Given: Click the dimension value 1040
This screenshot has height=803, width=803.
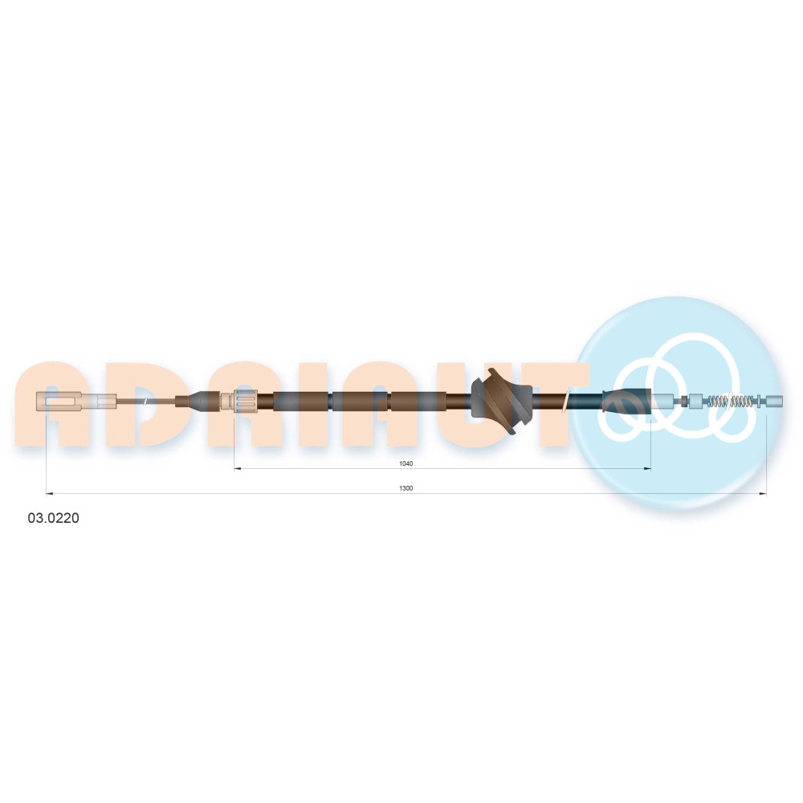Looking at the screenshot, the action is (x=406, y=463).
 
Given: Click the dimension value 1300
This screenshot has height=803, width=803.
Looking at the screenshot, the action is (x=406, y=488).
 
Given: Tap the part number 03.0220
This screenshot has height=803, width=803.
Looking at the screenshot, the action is (x=53, y=518).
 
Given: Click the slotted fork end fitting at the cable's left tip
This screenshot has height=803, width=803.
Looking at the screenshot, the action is (x=59, y=401).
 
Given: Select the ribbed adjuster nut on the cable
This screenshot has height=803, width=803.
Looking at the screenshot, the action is (x=245, y=401).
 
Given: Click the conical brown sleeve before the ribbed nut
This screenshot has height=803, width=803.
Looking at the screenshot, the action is (x=198, y=401).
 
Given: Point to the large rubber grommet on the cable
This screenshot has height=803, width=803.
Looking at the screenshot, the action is (x=501, y=401).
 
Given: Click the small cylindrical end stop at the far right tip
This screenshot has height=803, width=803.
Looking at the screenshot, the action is (x=774, y=401).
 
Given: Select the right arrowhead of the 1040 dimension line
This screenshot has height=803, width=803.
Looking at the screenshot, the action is (x=648, y=468).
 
